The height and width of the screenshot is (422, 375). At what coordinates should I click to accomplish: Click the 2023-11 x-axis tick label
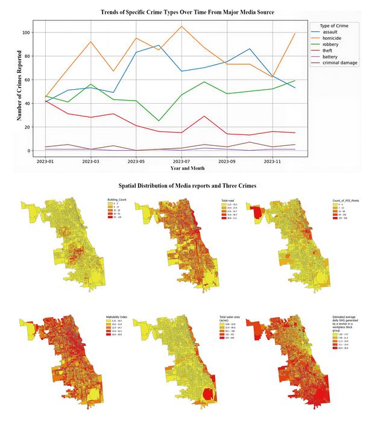tap(273, 162)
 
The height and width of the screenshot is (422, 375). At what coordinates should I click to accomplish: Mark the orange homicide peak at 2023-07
tap(181, 27)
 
